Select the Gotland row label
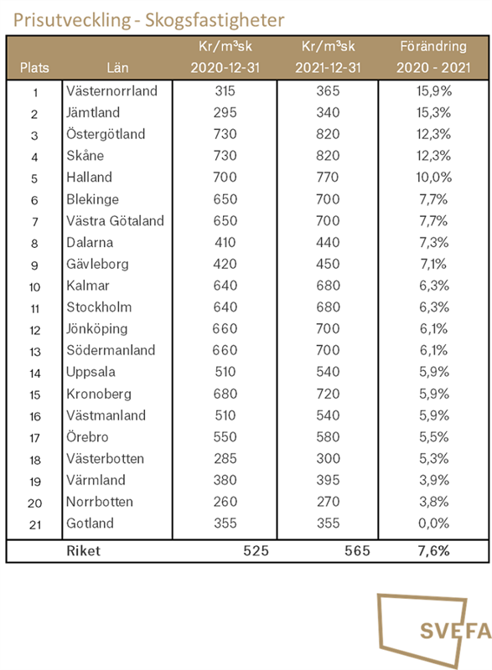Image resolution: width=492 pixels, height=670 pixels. point(90,524)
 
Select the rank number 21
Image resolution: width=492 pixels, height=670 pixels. point(34,524)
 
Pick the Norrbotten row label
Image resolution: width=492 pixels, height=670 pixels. point(99,502)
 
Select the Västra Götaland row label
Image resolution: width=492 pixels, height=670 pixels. point(114,221)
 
